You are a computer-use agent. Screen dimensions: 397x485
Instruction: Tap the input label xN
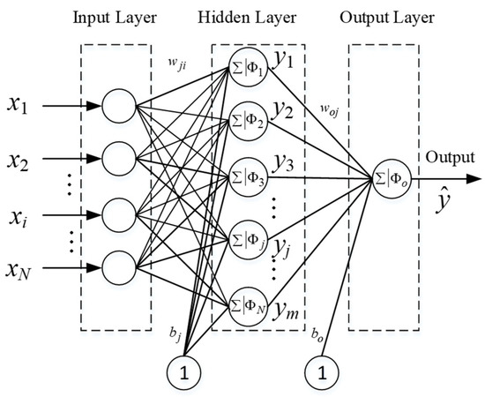pyautogui.click(x=26, y=266)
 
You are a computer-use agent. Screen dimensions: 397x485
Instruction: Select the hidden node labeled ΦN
pyautogui.click(x=248, y=305)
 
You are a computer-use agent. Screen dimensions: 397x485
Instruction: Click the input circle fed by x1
pyautogui.click(x=119, y=108)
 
